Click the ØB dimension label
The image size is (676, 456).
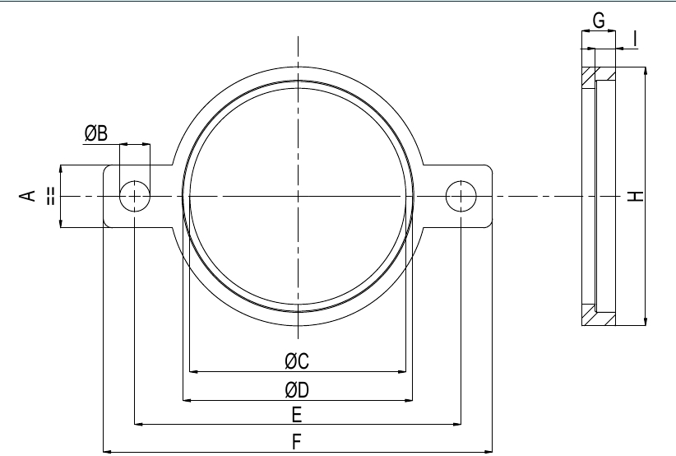[95, 133]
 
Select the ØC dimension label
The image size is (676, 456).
[297, 361]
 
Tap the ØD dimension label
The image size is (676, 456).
[297, 390]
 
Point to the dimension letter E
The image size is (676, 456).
[297, 415]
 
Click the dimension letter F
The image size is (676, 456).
[296, 442]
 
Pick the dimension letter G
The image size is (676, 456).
[599, 21]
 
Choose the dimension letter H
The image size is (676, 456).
[635, 196]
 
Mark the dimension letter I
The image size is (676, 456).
[635, 39]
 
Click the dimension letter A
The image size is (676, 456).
[27, 195]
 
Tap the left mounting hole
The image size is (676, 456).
[135, 196]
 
